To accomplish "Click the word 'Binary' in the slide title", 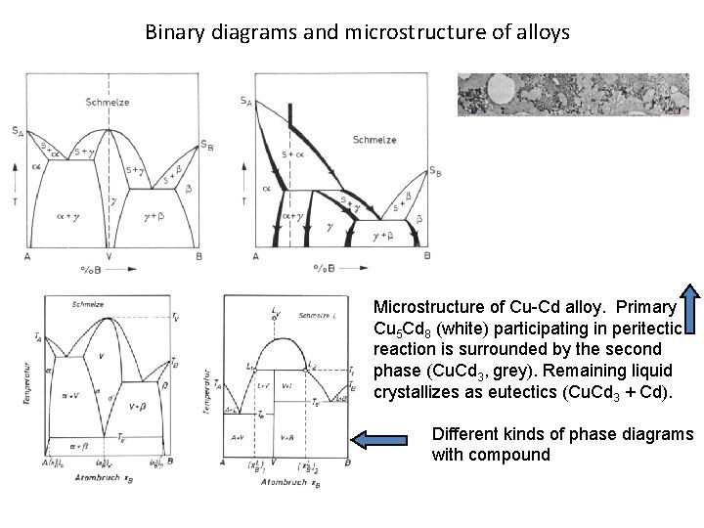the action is pos(171,32).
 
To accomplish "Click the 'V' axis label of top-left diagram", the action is pos(109,256).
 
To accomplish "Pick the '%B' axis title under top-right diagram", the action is pos(325,267).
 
